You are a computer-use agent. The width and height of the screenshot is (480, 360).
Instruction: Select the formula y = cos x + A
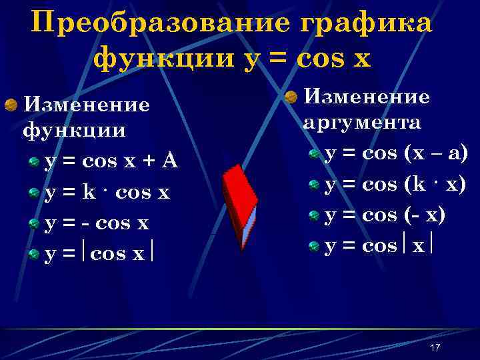pyautogui.click(x=111, y=161)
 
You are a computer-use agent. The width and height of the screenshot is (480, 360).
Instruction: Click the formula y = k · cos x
pyautogui.click(x=107, y=193)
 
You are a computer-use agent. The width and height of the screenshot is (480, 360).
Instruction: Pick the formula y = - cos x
pyautogui.click(x=97, y=223)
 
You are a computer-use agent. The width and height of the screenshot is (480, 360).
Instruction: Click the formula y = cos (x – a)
pyautogui.click(x=396, y=154)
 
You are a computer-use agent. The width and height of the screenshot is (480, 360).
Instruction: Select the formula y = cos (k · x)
pyautogui.click(x=395, y=185)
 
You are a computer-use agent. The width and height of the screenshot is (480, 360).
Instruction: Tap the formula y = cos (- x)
pyautogui.click(x=385, y=215)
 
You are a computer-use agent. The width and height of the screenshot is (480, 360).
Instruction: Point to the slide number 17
pyautogui.click(x=435, y=348)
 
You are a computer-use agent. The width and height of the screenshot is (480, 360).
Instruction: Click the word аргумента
pyautogui.click(x=362, y=123)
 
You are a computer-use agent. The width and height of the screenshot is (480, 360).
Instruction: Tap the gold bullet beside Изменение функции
pyautogui.click(x=11, y=105)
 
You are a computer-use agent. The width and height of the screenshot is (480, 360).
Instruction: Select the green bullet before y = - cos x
pyautogui.click(x=34, y=224)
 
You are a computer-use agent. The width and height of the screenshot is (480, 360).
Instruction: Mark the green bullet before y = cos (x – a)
pyautogui.click(x=314, y=155)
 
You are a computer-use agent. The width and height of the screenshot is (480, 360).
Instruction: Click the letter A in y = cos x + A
pyautogui.click(x=169, y=161)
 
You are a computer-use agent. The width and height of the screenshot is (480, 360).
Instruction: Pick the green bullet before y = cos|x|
pyautogui.click(x=314, y=247)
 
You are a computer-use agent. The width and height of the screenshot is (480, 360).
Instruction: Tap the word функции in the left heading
pyautogui.click(x=74, y=129)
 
